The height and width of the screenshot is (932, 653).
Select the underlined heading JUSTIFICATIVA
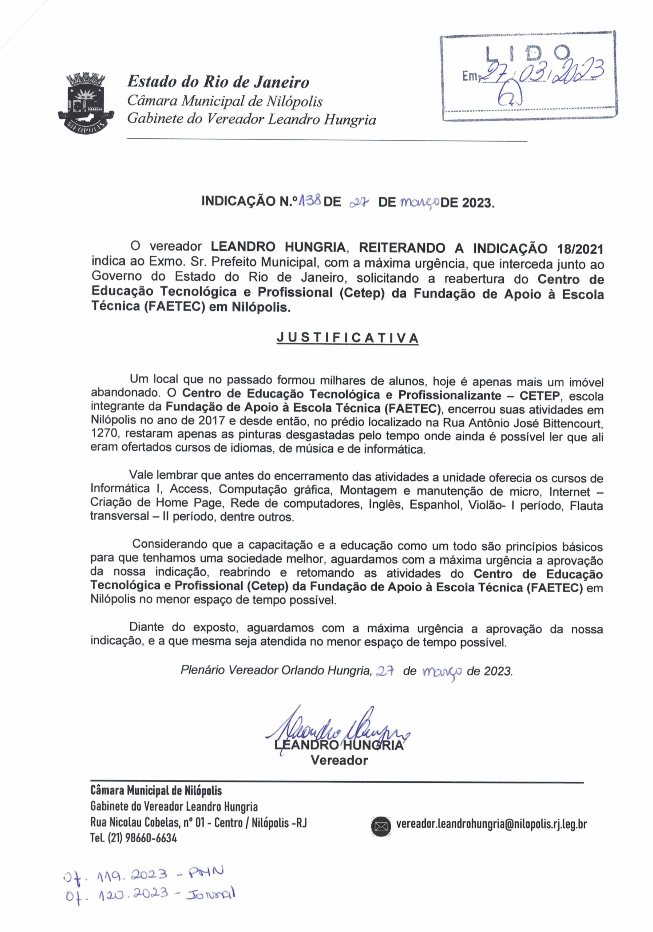point(347,338)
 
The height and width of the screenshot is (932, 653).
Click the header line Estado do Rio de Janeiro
point(218,82)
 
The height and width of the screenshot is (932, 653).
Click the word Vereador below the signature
point(339,760)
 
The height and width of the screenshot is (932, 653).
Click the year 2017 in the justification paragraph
point(208,420)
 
